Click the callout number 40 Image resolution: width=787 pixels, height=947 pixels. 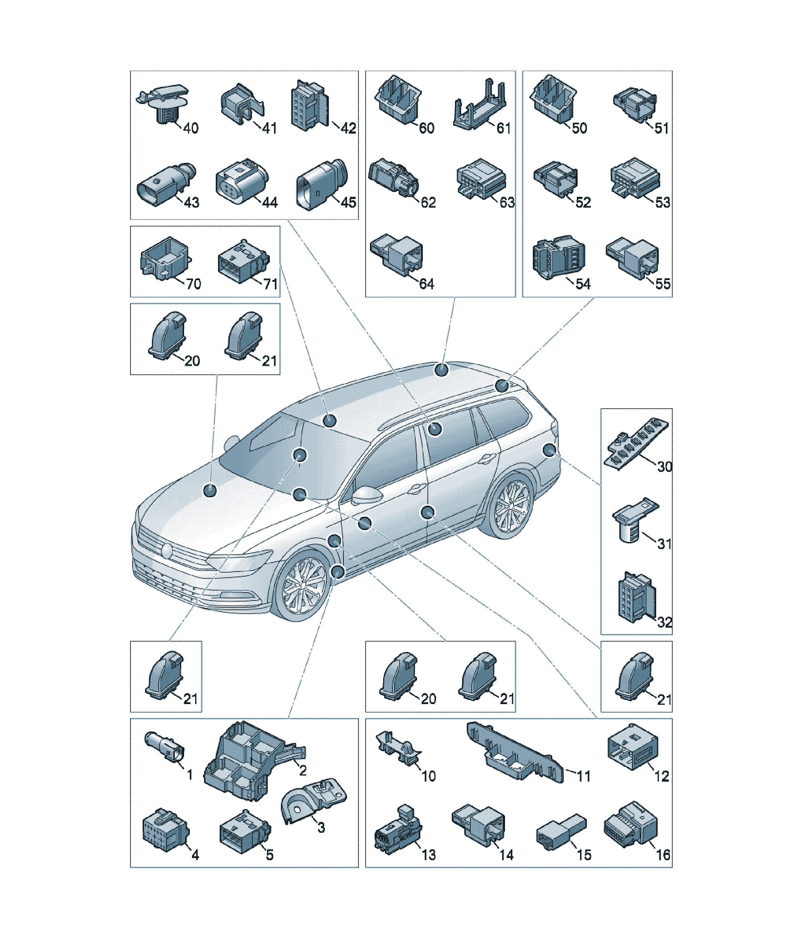(191, 128)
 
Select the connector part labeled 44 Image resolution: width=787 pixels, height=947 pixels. (242, 181)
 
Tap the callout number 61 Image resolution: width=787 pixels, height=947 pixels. (504, 128)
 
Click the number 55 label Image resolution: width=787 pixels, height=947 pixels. (663, 284)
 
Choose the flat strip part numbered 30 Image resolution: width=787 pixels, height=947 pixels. (636, 443)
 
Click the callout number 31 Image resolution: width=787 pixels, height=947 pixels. (664, 543)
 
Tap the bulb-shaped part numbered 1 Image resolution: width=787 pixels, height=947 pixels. (164, 749)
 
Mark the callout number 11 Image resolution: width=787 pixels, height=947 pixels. (584, 776)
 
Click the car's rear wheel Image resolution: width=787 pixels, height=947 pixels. (511, 507)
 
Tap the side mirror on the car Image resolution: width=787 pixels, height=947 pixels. (366, 495)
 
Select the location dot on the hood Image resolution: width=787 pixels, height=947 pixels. (210, 490)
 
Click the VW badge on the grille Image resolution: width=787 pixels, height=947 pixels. (167, 551)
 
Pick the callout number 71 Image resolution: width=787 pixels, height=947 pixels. (270, 284)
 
